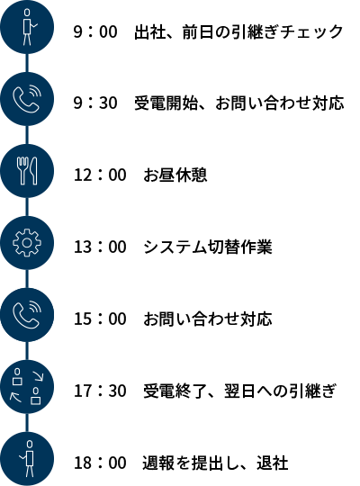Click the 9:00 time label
click(x=95, y=31)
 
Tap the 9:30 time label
click(x=95, y=103)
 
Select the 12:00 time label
click(x=100, y=175)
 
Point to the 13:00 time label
click(x=100, y=247)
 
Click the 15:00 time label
click(x=100, y=319)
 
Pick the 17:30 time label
click(x=100, y=391)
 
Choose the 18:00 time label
click(x=100, y=463)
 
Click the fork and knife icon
click(x=27, y=171)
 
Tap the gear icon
click(x=27, y=243)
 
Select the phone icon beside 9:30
click(x=27, y=99)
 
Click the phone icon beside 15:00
click(x=27, y=315)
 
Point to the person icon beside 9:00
click(x=27, y=27)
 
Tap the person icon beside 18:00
click(x=29, y=459)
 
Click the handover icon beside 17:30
click(x=27, y=387)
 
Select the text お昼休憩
click(x=175, y=175)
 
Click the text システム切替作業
click(x=208, y=247)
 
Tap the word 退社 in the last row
click(x=273, y=463)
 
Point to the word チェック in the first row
click(x=310, y=31)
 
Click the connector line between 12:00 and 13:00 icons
click(x=27, y=207)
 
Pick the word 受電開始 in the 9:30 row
click(x=166, y=103)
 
